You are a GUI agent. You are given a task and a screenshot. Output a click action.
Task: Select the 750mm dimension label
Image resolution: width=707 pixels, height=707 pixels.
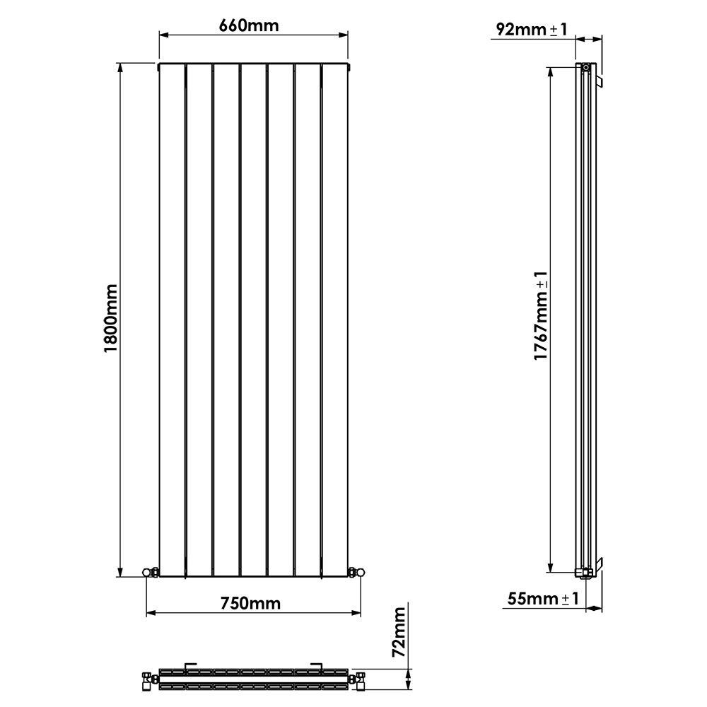[250, 603]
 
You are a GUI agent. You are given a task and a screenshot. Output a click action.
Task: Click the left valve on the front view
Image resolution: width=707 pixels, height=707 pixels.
[150, 571]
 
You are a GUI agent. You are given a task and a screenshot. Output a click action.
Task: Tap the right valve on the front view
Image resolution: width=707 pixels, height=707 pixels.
[356, 571]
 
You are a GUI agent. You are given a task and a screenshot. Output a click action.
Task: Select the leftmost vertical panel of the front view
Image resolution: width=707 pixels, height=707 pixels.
[173, 318]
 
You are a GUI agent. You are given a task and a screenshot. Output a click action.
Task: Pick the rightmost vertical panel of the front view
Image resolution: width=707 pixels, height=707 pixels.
[336, 318]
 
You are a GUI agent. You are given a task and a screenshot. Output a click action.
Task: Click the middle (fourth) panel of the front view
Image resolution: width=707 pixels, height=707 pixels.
[254, 318]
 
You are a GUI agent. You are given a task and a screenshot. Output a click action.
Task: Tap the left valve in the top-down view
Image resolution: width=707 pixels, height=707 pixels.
[149, 679]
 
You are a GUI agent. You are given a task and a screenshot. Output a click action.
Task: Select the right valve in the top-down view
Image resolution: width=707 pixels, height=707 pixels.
[359, 679]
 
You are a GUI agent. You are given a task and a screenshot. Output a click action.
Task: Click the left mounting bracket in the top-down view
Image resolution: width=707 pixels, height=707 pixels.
[189, 665]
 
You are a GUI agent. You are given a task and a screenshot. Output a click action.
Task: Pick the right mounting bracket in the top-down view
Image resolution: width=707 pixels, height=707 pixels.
[319, 665]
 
